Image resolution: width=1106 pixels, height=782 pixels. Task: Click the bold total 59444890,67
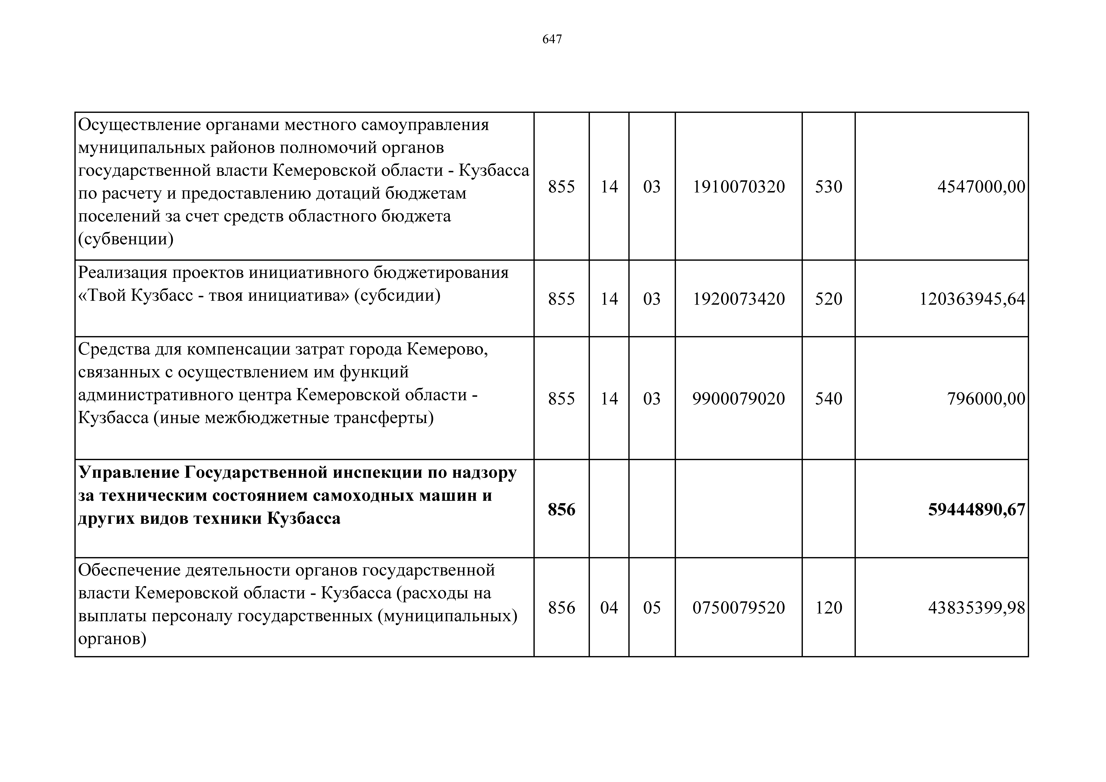coord(976,510)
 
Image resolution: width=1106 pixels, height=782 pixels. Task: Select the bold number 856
coord(561,510)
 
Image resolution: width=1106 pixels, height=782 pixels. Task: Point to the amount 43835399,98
coord(976,608)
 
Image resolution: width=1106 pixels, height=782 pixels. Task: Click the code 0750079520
coord(738,608)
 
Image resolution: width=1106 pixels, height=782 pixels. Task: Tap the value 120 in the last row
coord(829,608)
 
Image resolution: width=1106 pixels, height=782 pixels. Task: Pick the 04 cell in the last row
coord(609,608)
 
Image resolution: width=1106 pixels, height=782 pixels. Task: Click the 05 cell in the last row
coord(652,608)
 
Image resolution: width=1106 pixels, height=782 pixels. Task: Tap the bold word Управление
coord(128,473)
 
